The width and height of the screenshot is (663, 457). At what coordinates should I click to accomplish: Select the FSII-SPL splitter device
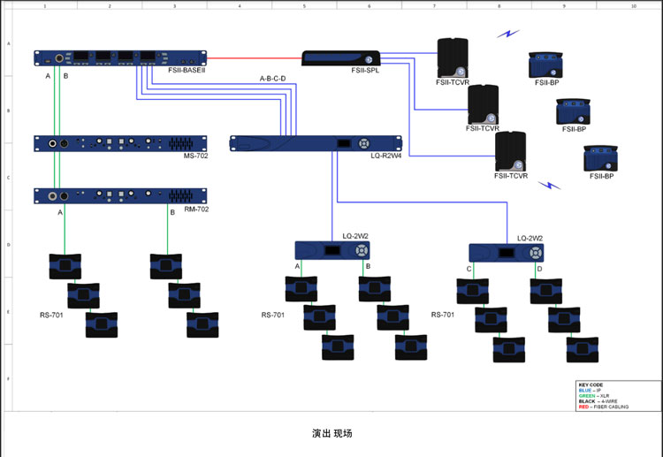(x=341, y=57)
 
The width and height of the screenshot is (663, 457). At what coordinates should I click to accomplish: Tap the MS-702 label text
(x=195, y=156)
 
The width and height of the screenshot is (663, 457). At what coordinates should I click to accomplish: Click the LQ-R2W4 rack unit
(x=316, y=143)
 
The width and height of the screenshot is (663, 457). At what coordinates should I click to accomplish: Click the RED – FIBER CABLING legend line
(x=606, y=406)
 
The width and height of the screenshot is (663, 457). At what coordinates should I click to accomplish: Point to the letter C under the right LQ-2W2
(x=469, y=269)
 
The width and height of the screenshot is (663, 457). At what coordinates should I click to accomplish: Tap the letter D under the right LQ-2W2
(x=539, y=269)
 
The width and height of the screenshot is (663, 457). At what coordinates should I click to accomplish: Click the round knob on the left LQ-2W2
(x=362, y=251)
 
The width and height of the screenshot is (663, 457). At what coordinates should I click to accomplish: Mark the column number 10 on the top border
(x=633, y=5)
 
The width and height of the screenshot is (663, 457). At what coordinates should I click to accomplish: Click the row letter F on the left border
(x=9, y=378)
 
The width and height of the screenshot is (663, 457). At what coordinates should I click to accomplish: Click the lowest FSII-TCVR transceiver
(x=510, y=151)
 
